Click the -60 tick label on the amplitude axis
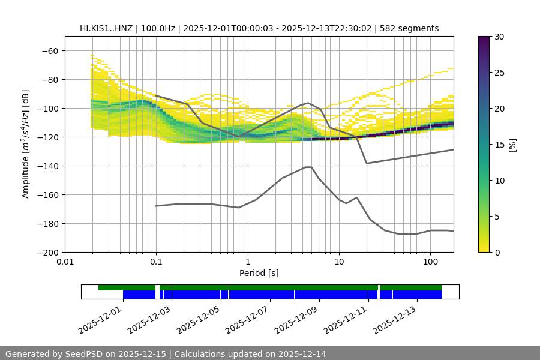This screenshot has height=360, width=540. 50,51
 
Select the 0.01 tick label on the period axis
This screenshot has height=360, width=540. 65,262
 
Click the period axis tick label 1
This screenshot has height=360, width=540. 248,262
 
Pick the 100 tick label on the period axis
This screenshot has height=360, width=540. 430,262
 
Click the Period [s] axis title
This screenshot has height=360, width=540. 259,274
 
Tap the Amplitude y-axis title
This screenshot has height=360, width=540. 26,145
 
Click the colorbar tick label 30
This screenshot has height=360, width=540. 499,37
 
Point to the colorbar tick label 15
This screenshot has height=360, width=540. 499,145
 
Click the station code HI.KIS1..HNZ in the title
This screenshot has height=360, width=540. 109,28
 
